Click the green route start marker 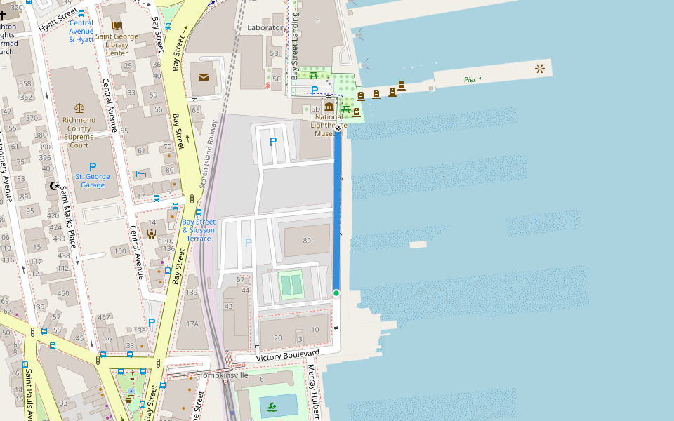(x=336, y=293)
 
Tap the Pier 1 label (x=473, y=79)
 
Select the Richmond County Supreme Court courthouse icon (x=79, y=109)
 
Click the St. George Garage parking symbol (x=93, y=167)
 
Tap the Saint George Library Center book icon (x=117, y=26)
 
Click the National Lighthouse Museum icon (x=329, y=107)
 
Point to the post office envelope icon (x=204, y=76)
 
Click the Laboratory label (x=267, y=28)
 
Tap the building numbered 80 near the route (x=306, y=241)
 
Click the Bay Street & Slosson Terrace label (x=199, y=230)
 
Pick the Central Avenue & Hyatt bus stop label (x=81, y=32)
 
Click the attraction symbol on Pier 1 (x=539, y=68)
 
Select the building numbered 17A (x=192, y=323)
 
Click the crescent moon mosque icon (x=53, y=186)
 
